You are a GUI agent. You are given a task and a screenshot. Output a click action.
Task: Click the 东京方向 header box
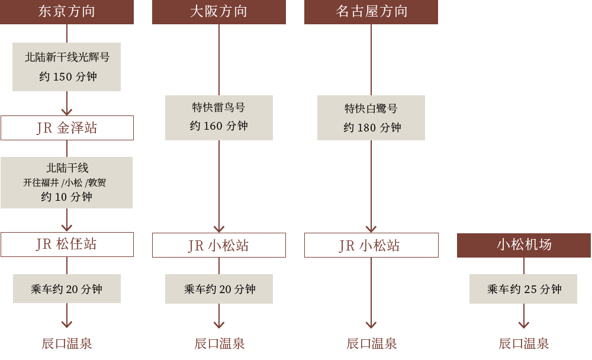click(67, 12)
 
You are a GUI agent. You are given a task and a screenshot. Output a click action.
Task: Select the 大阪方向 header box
click(219, 12)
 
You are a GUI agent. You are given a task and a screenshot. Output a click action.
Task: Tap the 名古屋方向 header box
click(371, 12)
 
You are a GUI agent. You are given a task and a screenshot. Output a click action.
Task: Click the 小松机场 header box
click(524, 245)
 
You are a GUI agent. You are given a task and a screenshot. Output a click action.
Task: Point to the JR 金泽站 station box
click(67, 128)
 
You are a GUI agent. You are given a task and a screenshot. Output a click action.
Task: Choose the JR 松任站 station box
click(67, 245)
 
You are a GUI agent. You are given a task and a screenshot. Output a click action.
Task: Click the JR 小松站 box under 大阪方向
click(219, 245)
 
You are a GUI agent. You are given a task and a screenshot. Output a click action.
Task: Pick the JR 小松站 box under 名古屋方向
click(371, 245)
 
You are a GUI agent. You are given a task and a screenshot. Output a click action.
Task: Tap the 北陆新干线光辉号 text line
click(67, 57)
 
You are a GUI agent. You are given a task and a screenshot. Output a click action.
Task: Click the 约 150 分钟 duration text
click(67, 77)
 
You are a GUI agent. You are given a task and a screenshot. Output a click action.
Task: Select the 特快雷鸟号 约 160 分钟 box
click(219, 117)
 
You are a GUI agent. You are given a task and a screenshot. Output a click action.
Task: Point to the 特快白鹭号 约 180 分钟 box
click(371, 118)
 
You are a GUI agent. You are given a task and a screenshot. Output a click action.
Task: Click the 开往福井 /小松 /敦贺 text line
click(67, 183)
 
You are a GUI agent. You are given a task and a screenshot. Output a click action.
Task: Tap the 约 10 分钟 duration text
click(67, 197)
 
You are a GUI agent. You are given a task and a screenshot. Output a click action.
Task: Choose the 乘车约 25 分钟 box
click(524, 289)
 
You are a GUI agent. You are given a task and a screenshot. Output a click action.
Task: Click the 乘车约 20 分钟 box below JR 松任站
click(67, 289)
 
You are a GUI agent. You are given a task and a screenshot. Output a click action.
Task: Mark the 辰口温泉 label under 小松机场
click(524, 343)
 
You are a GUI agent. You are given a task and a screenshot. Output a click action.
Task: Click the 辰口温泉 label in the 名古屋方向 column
click(371, 343)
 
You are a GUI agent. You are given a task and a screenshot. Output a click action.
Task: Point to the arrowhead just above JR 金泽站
click(67, 111)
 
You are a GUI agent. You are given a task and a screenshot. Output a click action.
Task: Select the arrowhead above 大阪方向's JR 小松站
click(219, 228)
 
